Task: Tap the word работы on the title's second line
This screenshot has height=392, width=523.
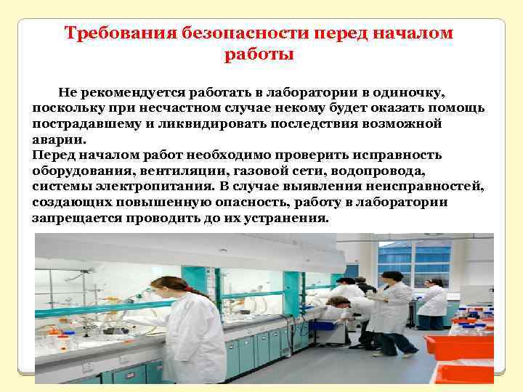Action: point(259,54)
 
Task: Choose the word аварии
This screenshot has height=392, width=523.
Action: point(58,139)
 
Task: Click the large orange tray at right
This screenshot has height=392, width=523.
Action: point(458,346)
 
